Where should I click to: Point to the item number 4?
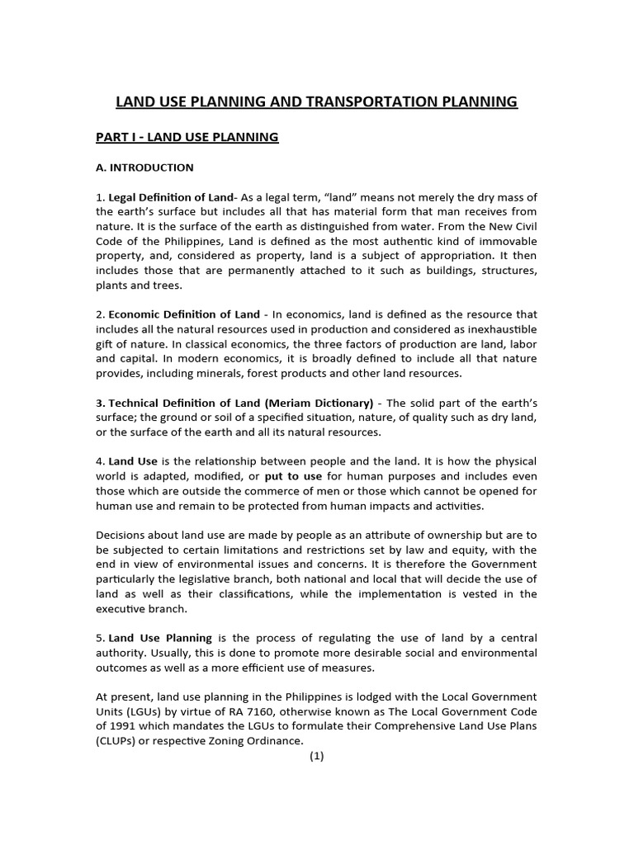(100, 460)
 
